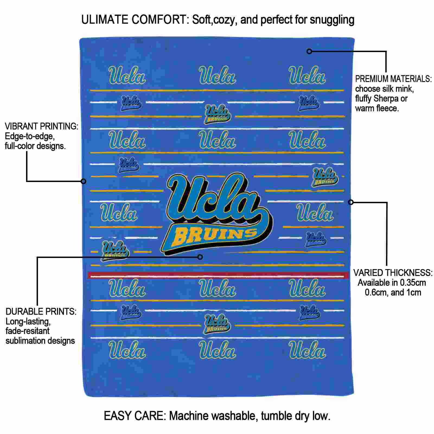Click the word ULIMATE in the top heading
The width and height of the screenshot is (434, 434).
(x=105, y=20)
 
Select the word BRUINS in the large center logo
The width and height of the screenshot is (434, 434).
(x=216, y=236)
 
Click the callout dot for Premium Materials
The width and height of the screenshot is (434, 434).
(x=309, y=51)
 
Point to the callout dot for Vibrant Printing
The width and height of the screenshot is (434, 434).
(x=84, y=181)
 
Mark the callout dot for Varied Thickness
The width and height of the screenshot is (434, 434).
(x=351, y=202)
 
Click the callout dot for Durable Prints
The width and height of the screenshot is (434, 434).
(x=200, y=257)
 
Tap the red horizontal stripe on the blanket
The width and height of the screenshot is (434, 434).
(x=218, y=275)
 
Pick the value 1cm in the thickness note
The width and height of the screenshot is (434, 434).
(x=413, y=292)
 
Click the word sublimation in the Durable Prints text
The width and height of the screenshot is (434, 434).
(x=25, y=341)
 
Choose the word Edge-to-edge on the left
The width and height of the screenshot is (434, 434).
(x=30, y=136)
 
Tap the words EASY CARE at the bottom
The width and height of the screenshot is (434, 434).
(x=135, y=416)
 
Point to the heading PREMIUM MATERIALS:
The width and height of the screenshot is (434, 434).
(x=394, y=79)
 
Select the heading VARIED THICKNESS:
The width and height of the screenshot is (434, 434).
(x=393, y=273)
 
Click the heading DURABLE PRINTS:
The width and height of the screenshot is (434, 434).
(x=41, y=311)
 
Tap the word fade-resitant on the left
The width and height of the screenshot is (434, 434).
(x=28, y=331)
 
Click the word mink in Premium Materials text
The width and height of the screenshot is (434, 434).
(x=404, y=89)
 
